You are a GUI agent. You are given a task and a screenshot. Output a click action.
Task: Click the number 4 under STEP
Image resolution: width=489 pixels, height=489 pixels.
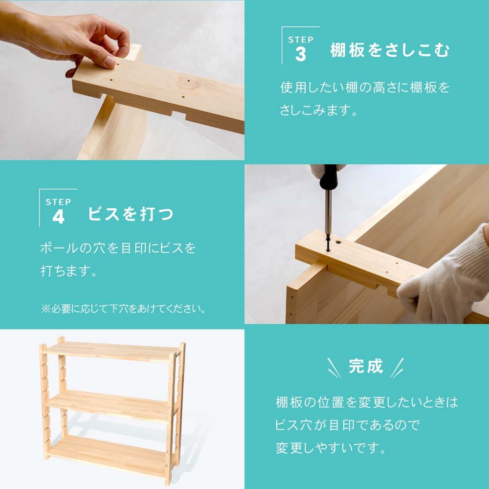click(x=58, y=217)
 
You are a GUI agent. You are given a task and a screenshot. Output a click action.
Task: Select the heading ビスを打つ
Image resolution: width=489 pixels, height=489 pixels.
click(x=131, y=214)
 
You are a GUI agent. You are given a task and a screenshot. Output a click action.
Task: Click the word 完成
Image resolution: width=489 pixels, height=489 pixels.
click(x=366, y=367)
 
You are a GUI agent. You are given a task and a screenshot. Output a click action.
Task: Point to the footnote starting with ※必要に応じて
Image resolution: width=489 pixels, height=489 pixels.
click(x=123, y=310)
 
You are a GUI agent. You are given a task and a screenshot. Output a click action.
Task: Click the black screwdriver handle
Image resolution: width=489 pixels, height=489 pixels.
click(x=328, y=177)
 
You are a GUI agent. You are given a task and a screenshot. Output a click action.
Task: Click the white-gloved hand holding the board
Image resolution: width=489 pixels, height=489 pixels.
click(x=445, y=284)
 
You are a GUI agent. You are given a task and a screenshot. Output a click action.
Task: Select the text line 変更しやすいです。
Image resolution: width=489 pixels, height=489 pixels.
click(x=331, y=448)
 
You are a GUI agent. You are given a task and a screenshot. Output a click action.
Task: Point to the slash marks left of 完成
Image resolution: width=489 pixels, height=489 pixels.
click(x=333, y=367)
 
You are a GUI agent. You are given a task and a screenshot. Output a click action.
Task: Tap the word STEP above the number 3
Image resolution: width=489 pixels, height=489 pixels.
click(x=301, y=40)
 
